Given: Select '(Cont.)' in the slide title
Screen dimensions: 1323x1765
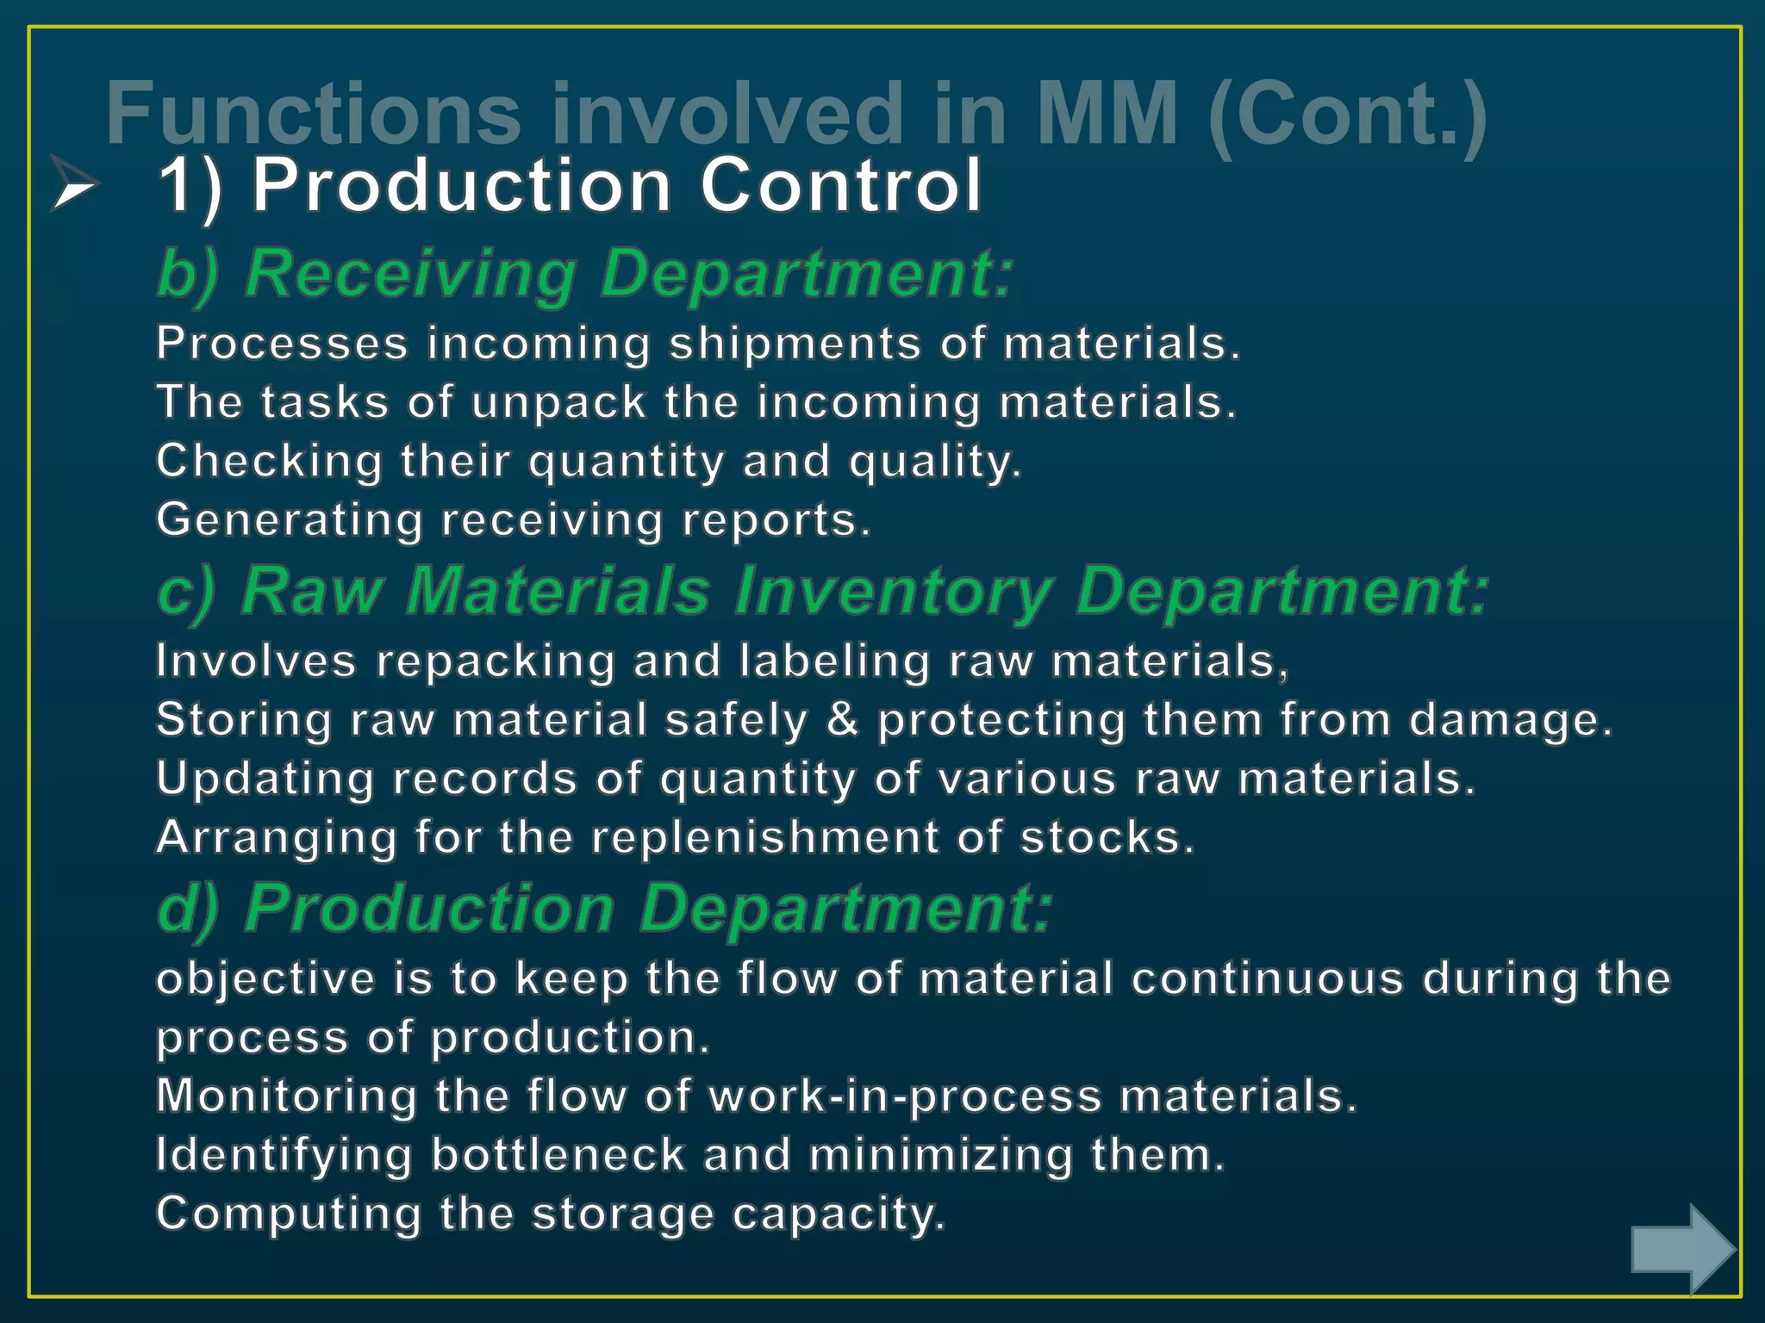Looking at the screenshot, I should coord(1347,114).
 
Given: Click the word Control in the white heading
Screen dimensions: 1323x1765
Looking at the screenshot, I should coord(840,185).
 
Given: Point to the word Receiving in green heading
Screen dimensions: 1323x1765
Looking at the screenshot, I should coord(411,274).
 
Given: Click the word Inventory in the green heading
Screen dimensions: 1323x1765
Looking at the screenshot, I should coord(893,592).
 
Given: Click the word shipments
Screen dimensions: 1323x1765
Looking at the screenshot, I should coord(795,344).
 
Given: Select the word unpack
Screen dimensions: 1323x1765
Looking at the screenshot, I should coord(558,403).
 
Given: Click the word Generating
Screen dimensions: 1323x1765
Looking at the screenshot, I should coord(290,520).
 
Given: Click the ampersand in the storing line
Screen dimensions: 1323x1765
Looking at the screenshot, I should coord(843,720).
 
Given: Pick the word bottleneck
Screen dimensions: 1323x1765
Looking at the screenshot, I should coord(558,1155).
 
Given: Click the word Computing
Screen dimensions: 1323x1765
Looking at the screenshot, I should coord(289,1214).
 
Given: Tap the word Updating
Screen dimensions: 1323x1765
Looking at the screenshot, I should coord(265,779).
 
